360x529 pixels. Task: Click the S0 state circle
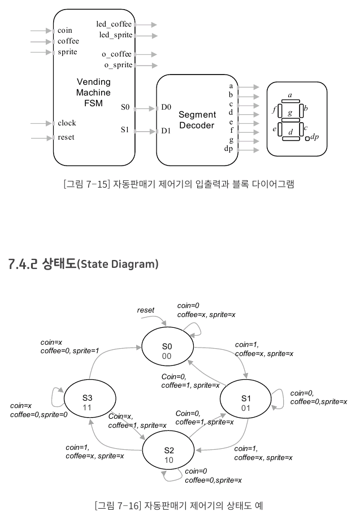pyautogui.click(x=167, y=351)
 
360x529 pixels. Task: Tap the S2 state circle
pyautogui.click(x=169, y=455)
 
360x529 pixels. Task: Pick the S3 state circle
pyautogui.click(x=88, y=401)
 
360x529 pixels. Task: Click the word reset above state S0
pyautogui.click(x=146, y=310)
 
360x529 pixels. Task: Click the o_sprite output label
pyautogui.click(x=117, y=65)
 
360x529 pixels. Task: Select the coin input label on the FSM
pyautogui.click(x=65, y=30)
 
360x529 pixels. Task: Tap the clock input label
pyautogui.click(x=67, y=123)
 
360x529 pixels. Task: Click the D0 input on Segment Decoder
pyautogui.click(x=166, y=107)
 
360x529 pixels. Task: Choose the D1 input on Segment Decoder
pyautogui.click(x=166, y=131)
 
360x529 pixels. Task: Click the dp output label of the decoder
pyautogui.click(x=228, y=149)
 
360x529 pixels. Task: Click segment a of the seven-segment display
pyautogui.click(x=290, y=101)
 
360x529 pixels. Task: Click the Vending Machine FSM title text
pyautogui.click(x=93, y=93)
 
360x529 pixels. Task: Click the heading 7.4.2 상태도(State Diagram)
pyautogui.click(x=84, y=264)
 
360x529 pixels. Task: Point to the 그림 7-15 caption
pyautogui.click(x=180, y=184)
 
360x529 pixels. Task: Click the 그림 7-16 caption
pyautogui.click(x=180, y=505)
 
